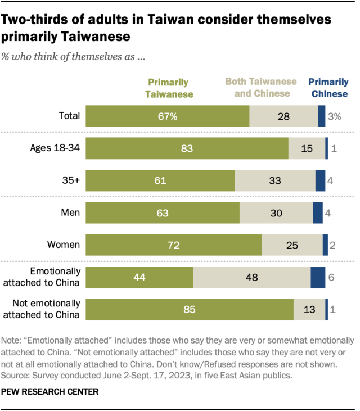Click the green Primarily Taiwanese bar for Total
(167, 116)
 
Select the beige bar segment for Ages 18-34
(307, 149)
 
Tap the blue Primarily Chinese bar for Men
(318, 213)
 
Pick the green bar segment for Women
(173, 245)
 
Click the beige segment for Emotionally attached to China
(251, 277)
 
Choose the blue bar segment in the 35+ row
(320, 181)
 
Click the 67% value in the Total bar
(167, 116)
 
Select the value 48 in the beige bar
(252, 277)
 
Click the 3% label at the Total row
(335, 116)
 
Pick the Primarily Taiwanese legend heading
(169, 88)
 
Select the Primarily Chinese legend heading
(328, 88)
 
